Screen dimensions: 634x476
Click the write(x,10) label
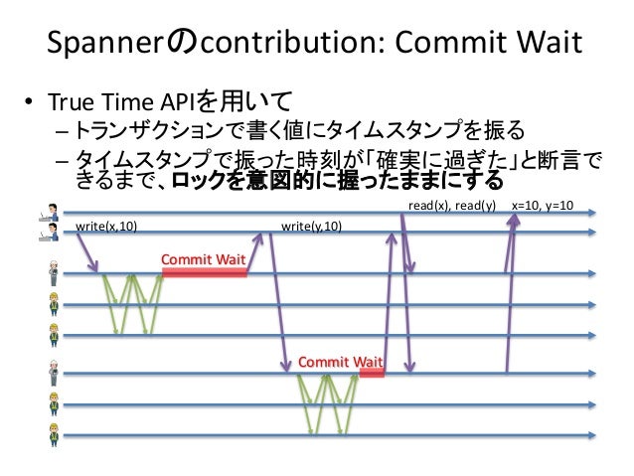(x=107, y=227)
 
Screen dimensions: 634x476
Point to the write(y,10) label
(x=313, y=227)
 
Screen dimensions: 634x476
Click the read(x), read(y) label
(x=452, y=207)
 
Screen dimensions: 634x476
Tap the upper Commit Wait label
(x=203, y=259)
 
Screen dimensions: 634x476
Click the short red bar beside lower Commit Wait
(x=372, y=375)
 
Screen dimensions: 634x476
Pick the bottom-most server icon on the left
(x=54, y=434)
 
